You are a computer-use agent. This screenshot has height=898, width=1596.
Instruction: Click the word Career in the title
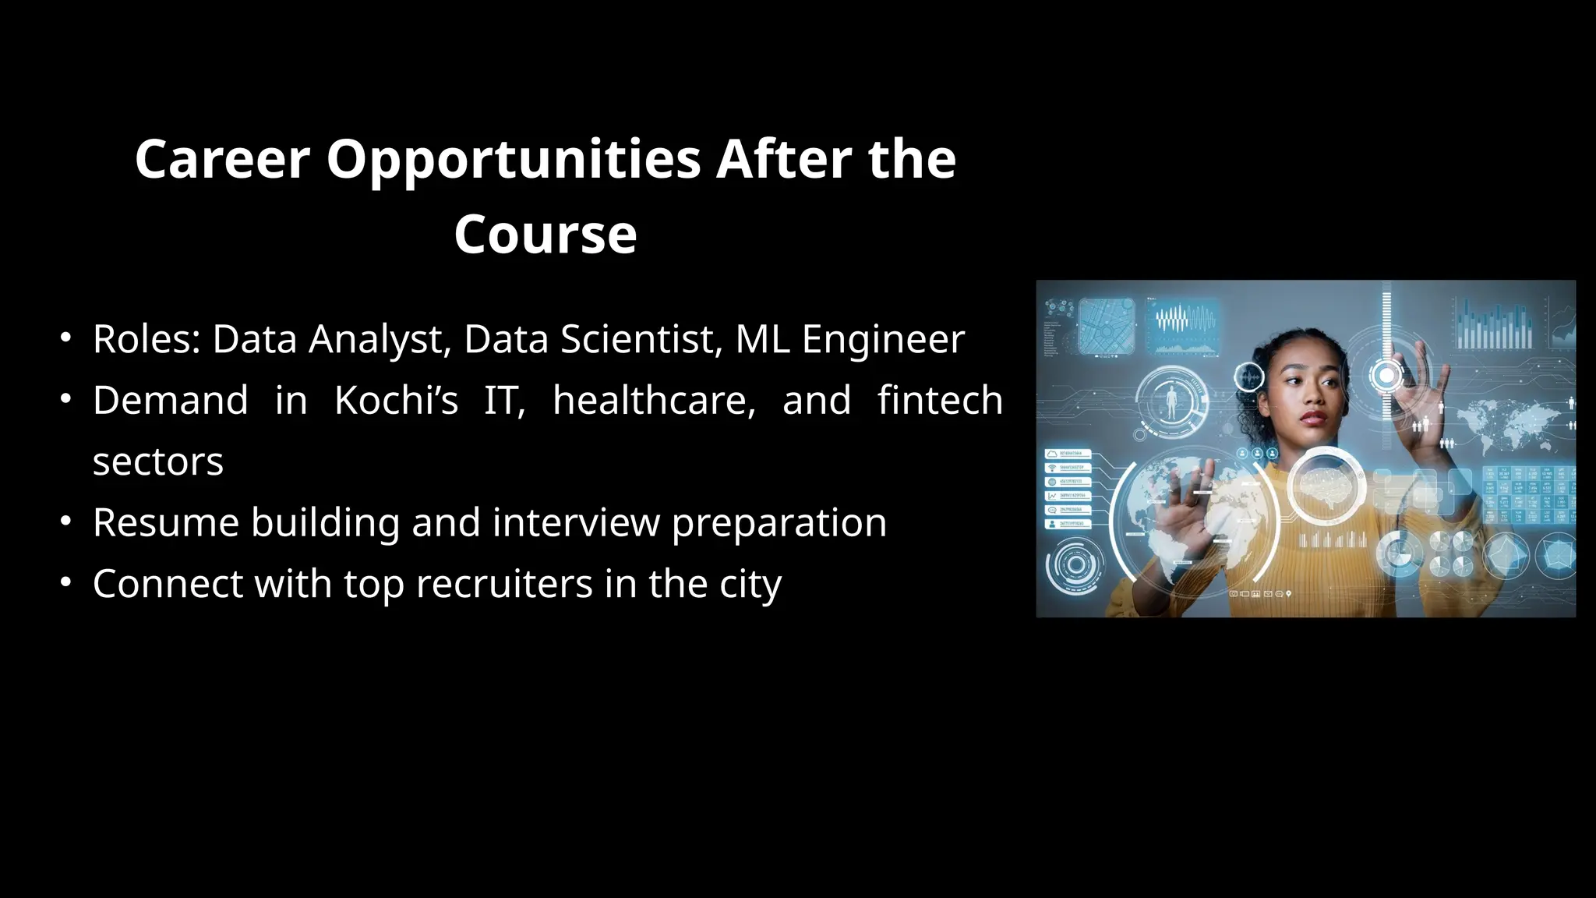(222, 160)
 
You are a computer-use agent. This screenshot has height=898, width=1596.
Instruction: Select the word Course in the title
(546, 235)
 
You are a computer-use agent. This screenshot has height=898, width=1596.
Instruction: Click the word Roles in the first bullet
(147, 339)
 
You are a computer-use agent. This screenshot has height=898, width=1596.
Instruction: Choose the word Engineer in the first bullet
(883, 339)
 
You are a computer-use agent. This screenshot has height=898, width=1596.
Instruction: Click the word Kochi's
(396, 401)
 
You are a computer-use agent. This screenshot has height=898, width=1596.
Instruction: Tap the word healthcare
(654, 401)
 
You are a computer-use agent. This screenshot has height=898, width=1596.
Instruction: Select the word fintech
(940, 401)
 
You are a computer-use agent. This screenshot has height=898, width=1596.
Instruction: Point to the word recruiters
(504, 584)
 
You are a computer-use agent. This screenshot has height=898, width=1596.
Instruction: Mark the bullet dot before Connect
(66, 582)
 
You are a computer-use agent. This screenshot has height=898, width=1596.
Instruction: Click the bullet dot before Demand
(66, 399)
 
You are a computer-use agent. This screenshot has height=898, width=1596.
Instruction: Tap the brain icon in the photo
(1326, 485)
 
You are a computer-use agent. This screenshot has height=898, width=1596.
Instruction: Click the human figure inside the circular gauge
(1171, 401)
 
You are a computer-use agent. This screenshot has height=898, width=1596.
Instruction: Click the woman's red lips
(1313, 418)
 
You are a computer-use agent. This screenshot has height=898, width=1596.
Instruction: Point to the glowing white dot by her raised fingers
(1386, 376)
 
